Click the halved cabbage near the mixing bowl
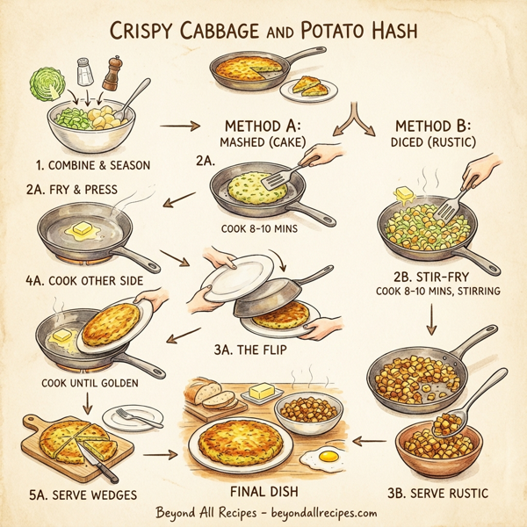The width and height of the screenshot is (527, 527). click(44, 88)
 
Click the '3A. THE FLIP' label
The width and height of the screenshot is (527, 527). click(250, 350)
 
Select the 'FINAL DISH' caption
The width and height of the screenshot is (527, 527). click(264, 491)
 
